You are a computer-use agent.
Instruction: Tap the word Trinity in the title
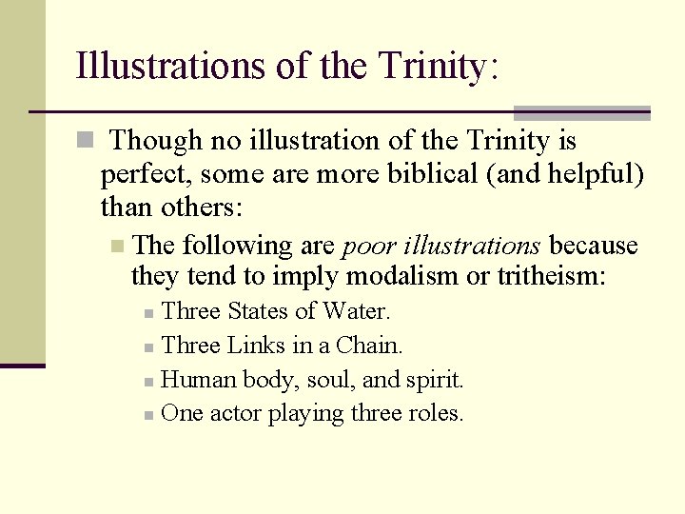432,67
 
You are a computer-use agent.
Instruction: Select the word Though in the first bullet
156,141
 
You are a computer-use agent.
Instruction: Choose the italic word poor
368,246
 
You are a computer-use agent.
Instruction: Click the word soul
334,380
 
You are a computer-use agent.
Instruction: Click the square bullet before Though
85,141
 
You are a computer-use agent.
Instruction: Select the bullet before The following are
117,247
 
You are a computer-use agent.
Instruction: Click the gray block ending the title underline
581,112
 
